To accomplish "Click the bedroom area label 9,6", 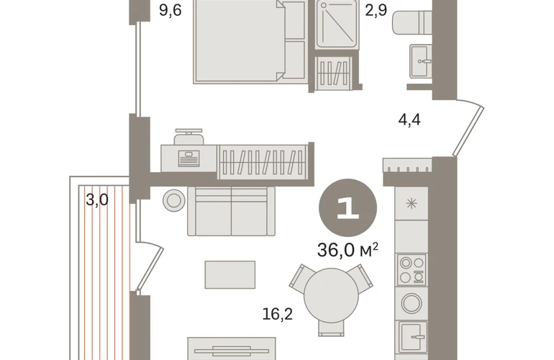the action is click(171, 11).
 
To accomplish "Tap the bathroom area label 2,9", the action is click(376, 11).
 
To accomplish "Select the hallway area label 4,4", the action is click(409, 120).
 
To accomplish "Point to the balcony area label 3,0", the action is click(97, 200).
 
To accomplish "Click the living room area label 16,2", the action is click(278, 314).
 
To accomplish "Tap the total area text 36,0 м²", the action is click(348, 250).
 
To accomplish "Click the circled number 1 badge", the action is click(348, 207).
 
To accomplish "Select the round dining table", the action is click(331, 295).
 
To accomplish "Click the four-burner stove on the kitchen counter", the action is click(412, 270).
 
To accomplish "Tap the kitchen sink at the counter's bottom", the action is click(413, 337).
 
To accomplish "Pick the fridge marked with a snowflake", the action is click(412, 203).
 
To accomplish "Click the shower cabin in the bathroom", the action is click(337, 23).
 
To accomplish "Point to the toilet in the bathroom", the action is click(412, 22).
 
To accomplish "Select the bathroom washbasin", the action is click(421, 61).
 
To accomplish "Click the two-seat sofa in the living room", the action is click(231, 211).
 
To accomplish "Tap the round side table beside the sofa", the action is click(174, 200).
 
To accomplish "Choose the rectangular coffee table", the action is click(230, 275).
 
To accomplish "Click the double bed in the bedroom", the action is click(249, 42).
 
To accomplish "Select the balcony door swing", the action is click(150, 265).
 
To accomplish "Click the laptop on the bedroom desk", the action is click(189, 158).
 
